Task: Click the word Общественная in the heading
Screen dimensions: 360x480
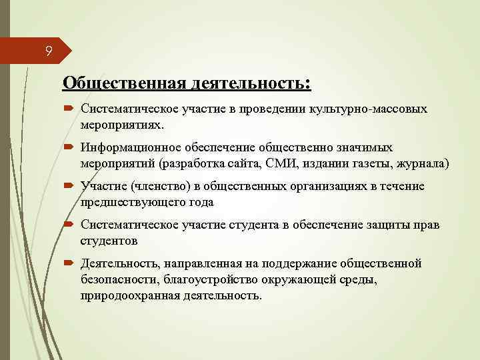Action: tap(123, 83)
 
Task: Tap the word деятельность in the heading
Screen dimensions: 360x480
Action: tap(249, 83)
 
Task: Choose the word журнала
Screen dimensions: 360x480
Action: tap(416, 163)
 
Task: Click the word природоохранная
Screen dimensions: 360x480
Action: tap(127, 295)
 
